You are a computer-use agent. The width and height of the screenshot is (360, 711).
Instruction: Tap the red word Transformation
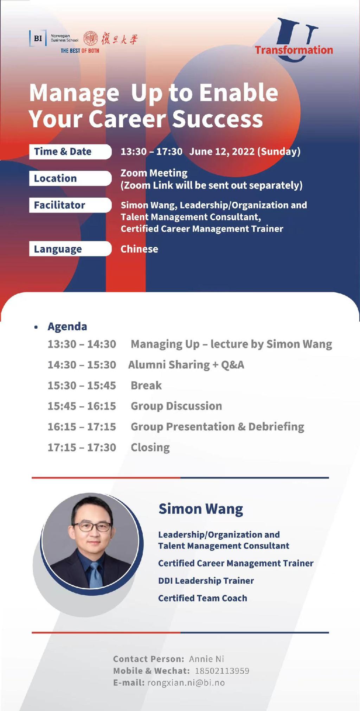pos(294,50)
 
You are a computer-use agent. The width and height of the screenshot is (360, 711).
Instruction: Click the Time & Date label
pos(63,152)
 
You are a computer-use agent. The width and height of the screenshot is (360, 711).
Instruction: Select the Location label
pos(55,178)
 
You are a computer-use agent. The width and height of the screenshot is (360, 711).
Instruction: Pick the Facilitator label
pos(59,205)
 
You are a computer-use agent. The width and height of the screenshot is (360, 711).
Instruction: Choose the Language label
pos(58,249)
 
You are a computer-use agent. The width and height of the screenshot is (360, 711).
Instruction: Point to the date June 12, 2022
pos(222,152)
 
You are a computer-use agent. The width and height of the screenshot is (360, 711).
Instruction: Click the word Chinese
pos(139,249)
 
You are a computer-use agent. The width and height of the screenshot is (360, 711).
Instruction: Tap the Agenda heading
pos(67,326)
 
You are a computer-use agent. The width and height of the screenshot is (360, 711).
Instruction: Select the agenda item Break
pos(146,386)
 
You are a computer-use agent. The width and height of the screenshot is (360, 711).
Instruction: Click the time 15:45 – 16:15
pos(82,406)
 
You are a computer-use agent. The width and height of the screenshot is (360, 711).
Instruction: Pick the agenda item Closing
pos(150,447)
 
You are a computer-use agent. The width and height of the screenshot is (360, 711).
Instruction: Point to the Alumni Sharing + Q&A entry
pos(186,365)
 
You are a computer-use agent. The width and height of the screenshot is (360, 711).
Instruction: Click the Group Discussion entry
pos(176,406)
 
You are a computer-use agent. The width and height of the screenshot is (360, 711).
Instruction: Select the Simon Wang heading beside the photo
pos(201,509)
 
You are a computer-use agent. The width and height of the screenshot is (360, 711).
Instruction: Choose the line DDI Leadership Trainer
pos(206,581)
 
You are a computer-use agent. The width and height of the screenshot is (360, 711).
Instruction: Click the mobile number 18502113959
pos(222,671)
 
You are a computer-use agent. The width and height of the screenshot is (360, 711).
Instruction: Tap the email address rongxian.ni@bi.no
pos(186,683)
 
